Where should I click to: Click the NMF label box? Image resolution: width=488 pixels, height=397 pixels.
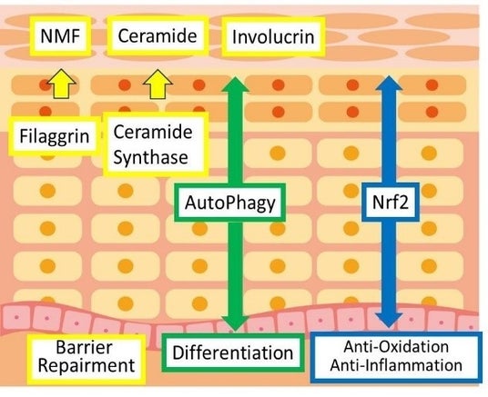(61, 35)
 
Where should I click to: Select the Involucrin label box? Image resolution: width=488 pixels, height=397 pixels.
(273, 36)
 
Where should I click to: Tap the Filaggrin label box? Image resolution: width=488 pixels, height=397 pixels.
(55, 136)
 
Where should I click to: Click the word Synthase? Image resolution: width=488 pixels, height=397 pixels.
(150, 157)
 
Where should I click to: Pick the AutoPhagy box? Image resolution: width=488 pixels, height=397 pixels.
(230, 203)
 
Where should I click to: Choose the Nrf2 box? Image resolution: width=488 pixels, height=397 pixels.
(391, 203)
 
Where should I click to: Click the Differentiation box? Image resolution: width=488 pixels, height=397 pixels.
(233, 352)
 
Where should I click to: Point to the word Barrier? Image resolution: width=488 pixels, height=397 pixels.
(84, 347)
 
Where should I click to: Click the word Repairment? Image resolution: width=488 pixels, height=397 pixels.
(86, 365)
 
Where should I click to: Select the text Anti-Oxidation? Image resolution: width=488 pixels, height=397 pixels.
(396, 347)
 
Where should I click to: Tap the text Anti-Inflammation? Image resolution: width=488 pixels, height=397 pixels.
(396, 365)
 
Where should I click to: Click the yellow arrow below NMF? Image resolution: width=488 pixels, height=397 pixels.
(61, 84)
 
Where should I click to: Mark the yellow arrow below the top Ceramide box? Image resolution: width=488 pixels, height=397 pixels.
(158, 84)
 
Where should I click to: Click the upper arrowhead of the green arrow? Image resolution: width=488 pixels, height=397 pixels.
(235, 84)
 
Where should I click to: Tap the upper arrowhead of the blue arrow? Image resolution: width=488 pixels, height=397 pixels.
(389, 83)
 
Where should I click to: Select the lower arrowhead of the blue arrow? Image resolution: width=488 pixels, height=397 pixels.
(389, 320)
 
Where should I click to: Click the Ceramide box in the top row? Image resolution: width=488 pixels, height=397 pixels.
(158, 35)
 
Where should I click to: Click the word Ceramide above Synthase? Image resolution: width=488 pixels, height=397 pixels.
(153, 133)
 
